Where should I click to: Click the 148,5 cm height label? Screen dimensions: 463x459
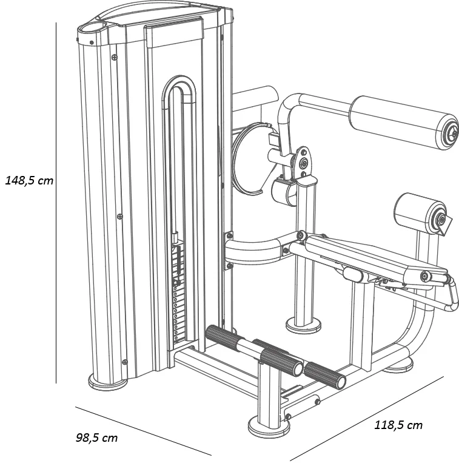coord(29,180)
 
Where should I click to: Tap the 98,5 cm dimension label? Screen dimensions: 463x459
coord(97,437)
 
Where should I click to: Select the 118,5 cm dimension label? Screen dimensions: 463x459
coord(398,425)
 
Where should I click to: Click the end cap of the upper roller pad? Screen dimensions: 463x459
coord(449,132)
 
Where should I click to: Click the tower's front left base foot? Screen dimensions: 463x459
coord(108,382)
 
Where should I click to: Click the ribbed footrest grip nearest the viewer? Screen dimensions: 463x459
coord(324,374)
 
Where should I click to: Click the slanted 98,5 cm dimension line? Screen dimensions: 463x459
coord(143,430)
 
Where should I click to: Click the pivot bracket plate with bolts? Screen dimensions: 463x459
coord(303,161)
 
